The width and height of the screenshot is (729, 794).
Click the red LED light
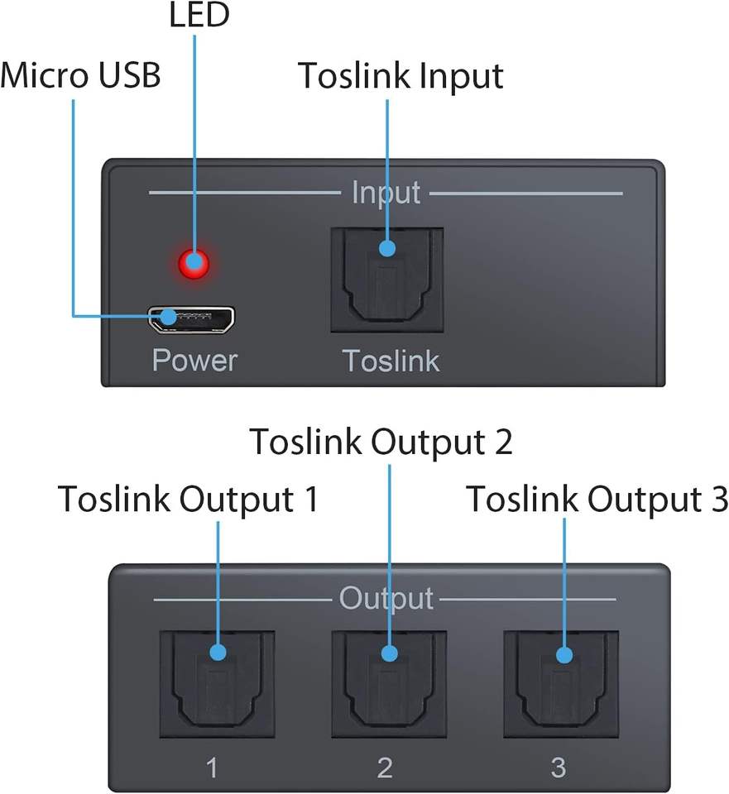194,265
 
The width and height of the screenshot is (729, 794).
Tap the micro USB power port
192,319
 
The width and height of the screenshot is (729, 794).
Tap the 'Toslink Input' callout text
400,76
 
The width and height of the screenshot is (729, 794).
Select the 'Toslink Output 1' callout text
188,500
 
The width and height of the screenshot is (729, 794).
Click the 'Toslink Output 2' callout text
381,442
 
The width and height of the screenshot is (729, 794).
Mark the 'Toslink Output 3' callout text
597,500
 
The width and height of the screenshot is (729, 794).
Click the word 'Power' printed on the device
194,361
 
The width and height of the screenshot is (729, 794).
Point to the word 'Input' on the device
386,193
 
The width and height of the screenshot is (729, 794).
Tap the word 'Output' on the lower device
386,598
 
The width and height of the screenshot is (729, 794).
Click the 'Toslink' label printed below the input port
391,361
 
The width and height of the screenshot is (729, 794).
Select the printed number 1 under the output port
212,768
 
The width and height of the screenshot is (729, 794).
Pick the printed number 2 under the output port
385,768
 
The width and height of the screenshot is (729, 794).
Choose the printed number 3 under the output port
559,768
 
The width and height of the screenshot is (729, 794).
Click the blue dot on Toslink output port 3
564,655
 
